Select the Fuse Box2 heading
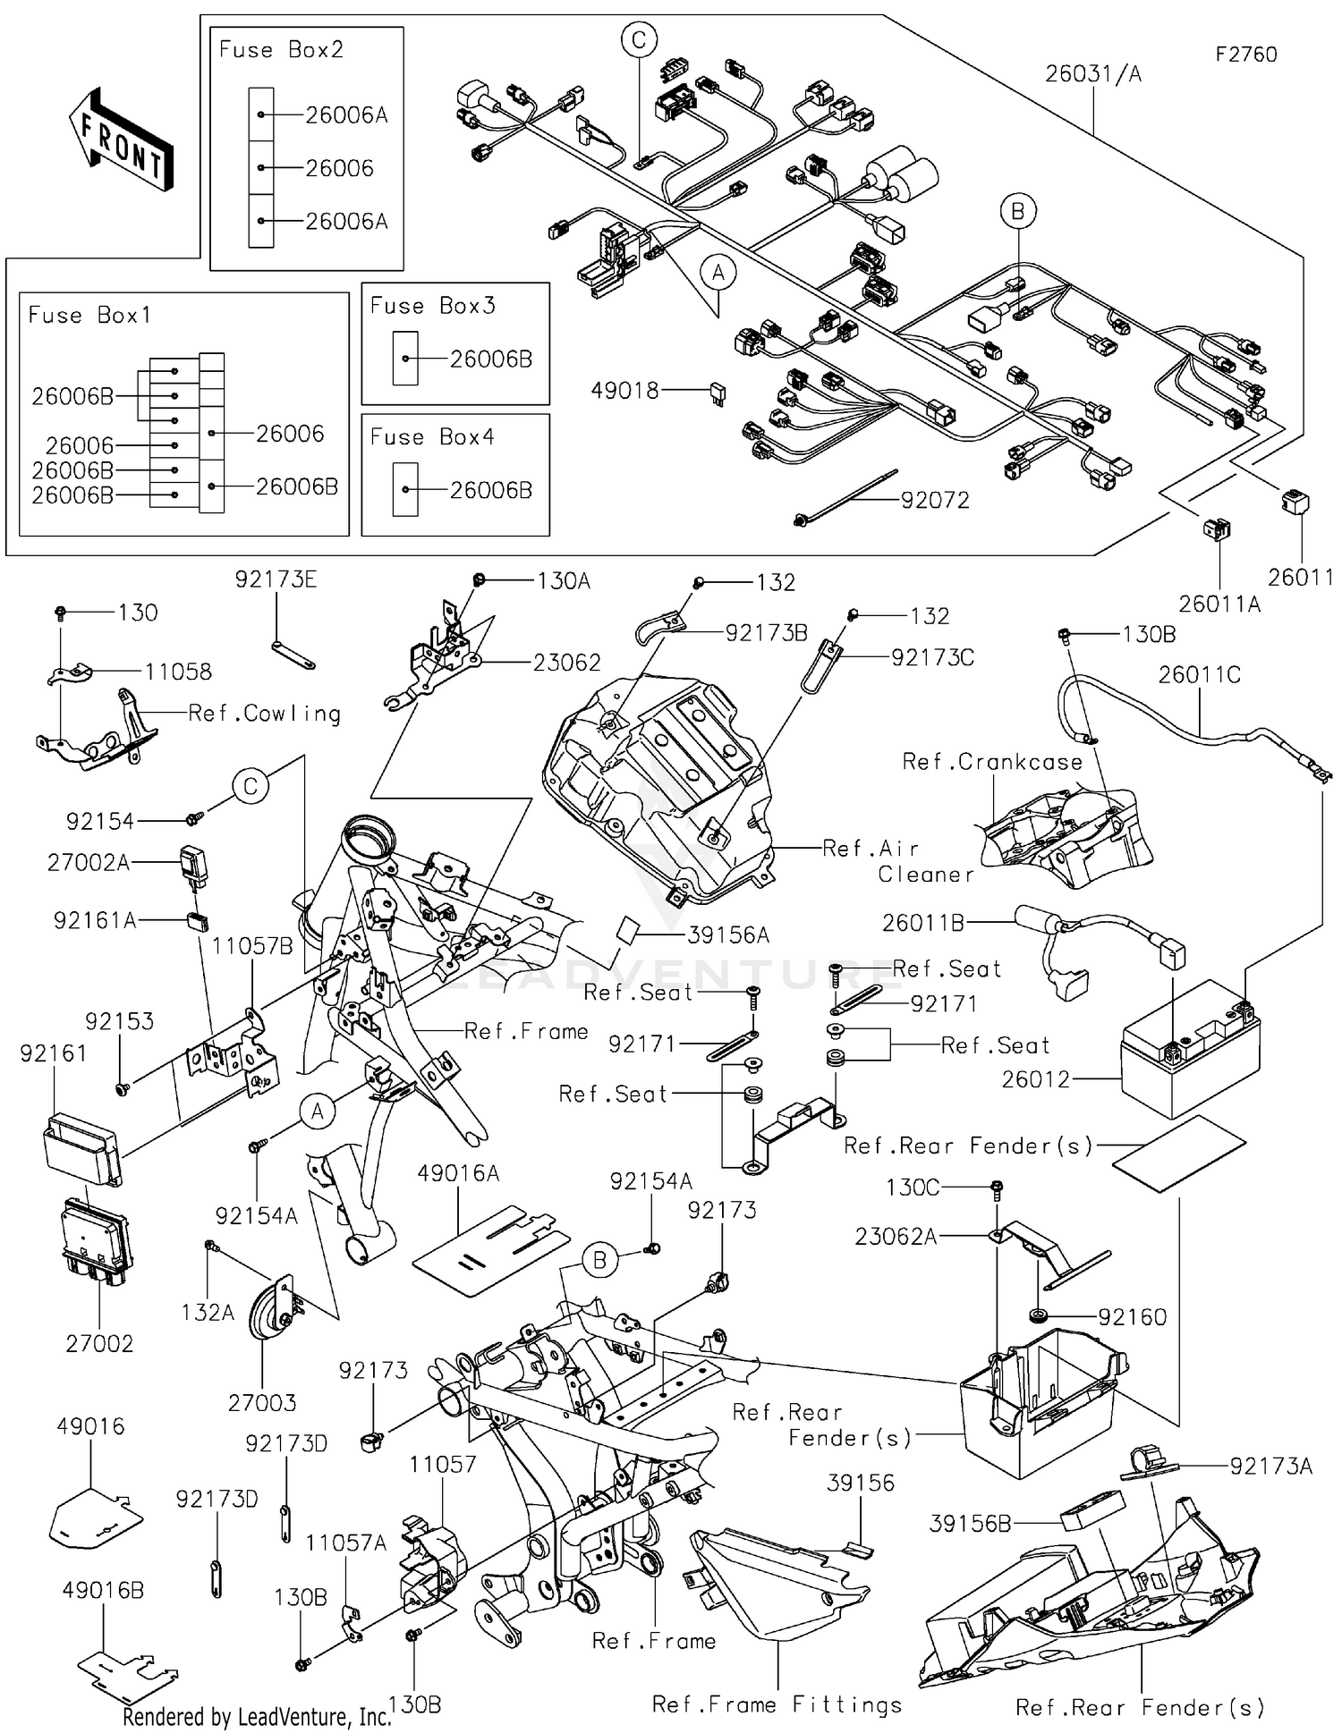tap(281, 50)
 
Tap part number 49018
tap(624, 391)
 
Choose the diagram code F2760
tap(1245, 55)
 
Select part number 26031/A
tap(1092, 74)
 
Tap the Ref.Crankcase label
tap(991, 762)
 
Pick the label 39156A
tap(728, 935)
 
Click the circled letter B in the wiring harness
tap(1017, 212)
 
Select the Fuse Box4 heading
tap(432, 437)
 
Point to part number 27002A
tap(88, 863)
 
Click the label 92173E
tap(276, 579)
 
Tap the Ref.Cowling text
tap(265, 714)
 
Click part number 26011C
tap(1199, 675)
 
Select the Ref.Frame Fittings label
tap(777, 1704)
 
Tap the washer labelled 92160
tap(1040, 1315)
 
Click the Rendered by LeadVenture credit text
tap(257, 1716)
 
